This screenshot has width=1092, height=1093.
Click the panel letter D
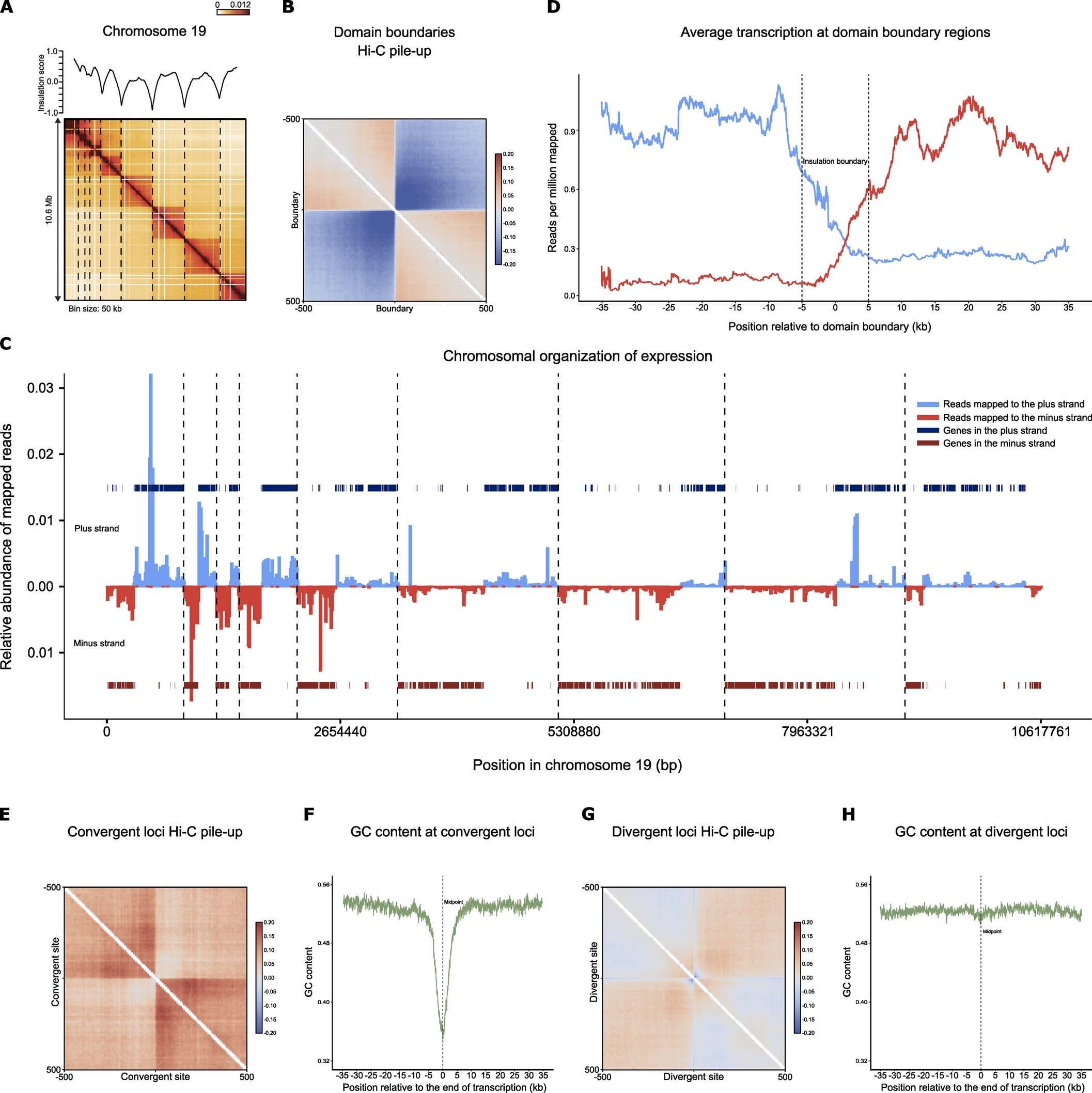point(553,8)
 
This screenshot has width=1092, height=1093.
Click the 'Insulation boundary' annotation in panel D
point(835,161)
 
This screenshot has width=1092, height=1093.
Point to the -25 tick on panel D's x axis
point(669,307)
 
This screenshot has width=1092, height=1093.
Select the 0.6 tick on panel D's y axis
point(569,190)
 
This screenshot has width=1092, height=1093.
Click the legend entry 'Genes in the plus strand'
point(995,430)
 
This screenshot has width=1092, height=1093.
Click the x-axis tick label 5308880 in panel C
point(574,731)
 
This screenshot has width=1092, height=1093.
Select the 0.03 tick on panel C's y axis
point(40,388)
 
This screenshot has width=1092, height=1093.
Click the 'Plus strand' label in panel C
point(97,528)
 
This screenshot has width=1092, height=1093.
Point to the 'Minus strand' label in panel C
point(99,643)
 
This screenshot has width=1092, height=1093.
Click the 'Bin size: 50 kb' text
point(95,309)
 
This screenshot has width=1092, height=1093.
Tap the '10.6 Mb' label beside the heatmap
point(49,209)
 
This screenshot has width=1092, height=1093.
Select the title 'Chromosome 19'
point(154,31)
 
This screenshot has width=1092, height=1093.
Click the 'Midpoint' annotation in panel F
point(453,902)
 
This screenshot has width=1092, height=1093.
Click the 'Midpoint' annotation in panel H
point(992,931)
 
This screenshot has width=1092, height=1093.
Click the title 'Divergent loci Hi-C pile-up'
point(693,832)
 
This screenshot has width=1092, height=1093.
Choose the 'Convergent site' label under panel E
point(155,1076)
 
